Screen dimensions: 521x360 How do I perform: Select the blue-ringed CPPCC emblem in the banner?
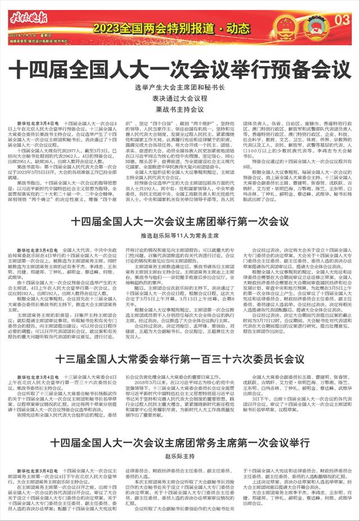313,25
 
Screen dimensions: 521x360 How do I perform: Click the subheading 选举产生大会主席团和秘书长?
179,88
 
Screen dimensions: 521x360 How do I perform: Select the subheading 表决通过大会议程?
179,98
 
